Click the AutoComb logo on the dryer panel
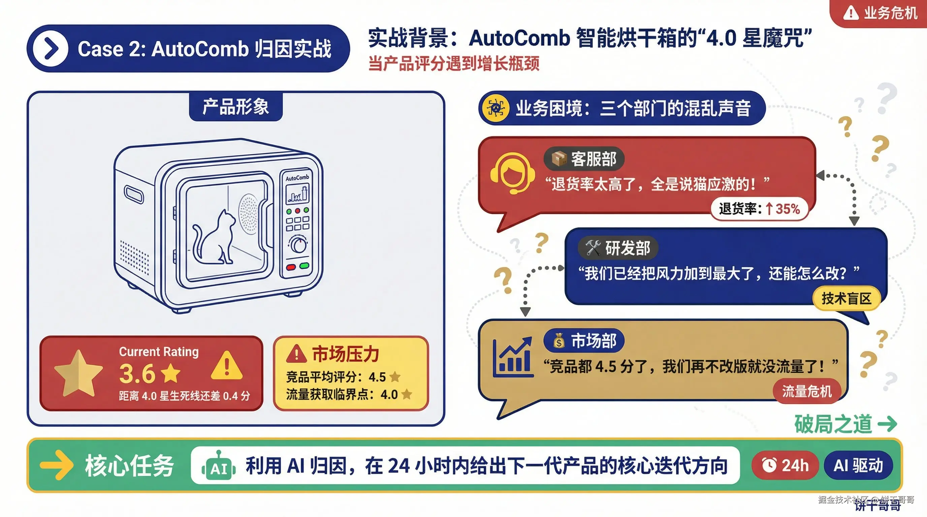297,178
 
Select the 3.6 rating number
137,374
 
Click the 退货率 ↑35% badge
759,209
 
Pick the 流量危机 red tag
807,391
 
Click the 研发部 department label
618,248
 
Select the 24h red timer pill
785,465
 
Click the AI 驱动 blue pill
858,465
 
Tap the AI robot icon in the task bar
218,467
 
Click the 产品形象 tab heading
236,107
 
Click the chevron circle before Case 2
51,48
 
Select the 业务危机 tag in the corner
880,13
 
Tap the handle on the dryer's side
133,195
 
